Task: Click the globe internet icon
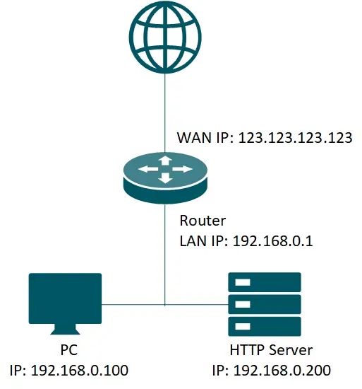click(x=164, y=35)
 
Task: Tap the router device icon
click(x=165, y=177)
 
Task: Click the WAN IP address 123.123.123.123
click(x=295, y=137)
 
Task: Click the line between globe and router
click(x=164, y=106)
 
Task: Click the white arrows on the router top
click(x=165, y=170)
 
